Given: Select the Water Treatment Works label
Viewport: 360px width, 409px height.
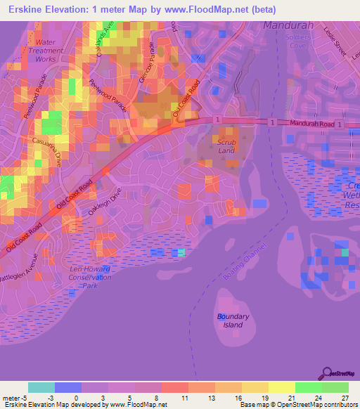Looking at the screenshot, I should pyautogui.click(x=46, y=51).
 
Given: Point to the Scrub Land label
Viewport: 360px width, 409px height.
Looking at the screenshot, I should pyautogui.click(x=226, y=146).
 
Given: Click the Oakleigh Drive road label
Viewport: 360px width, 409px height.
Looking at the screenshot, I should pyautogui.click(x=105, y=199).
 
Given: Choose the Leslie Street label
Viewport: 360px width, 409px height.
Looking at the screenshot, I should pyautogui.click(x=331, y=43).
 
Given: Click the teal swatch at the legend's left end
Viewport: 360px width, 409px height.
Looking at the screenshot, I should pyautogui.click(x=41, y=387).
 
